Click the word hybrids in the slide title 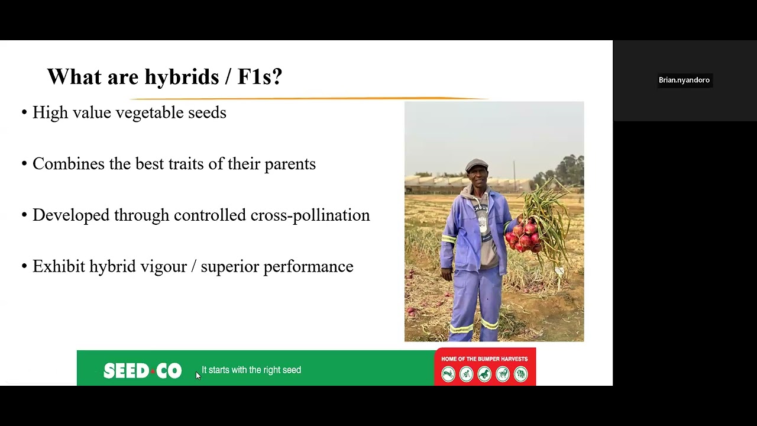(182, 77)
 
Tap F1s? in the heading (260, 77)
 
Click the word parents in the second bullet (290, 164)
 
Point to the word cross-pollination (310, 215)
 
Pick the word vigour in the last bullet (163, 267)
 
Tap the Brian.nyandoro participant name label (684, 80)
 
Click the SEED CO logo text (143, 371)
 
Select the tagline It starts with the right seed (251, 370)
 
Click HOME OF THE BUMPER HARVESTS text (484, 359)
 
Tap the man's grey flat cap (477, 164)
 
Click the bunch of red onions (524, 235)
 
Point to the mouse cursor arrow (198, 376)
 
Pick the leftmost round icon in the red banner (448, 375)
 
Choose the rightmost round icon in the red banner (520, 375)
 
